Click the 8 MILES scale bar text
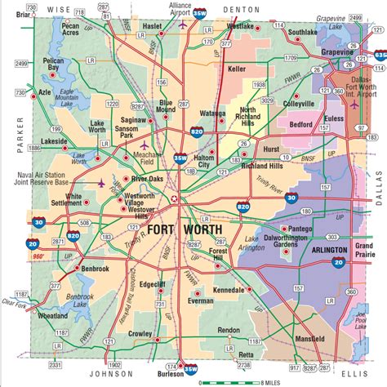coord(271,382)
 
